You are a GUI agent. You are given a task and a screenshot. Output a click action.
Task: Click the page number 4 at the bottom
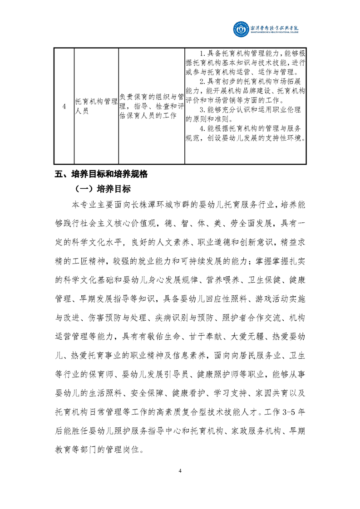180,471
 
